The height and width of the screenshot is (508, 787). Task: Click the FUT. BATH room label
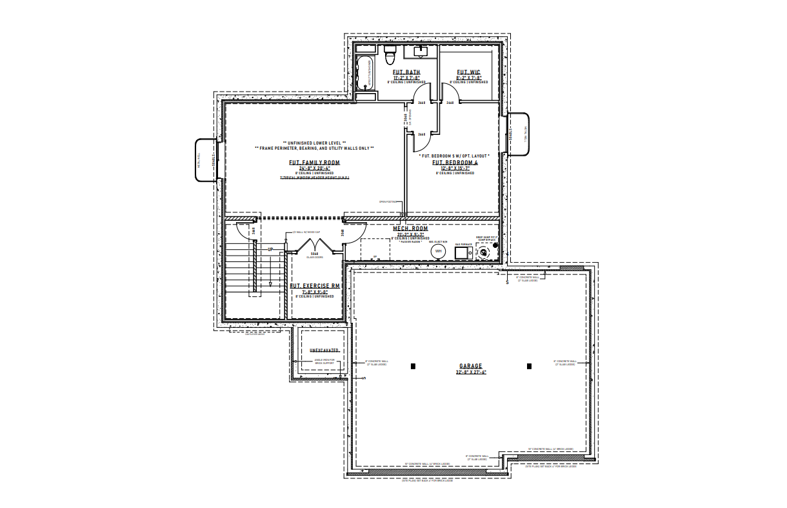pos(406,72)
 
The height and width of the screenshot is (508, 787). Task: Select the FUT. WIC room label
pos(469,72)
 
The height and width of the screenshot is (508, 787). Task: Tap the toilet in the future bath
pos(390,52)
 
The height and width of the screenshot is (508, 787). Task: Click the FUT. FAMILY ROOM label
pos(314,163)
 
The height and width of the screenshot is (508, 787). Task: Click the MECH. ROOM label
pos(411,229)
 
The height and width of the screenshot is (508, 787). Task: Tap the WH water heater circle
pos(439,251)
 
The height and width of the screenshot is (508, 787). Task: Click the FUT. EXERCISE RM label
pos(315,285)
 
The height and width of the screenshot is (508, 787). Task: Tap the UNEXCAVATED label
pos(324,350)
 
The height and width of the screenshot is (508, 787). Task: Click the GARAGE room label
pos(470,366)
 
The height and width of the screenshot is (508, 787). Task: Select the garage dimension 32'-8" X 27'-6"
pos(470,372)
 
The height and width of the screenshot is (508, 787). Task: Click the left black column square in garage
pos(413,366)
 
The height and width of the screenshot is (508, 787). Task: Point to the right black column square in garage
pos(529,366)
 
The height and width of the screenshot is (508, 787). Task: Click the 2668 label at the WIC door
pos(450,103)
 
